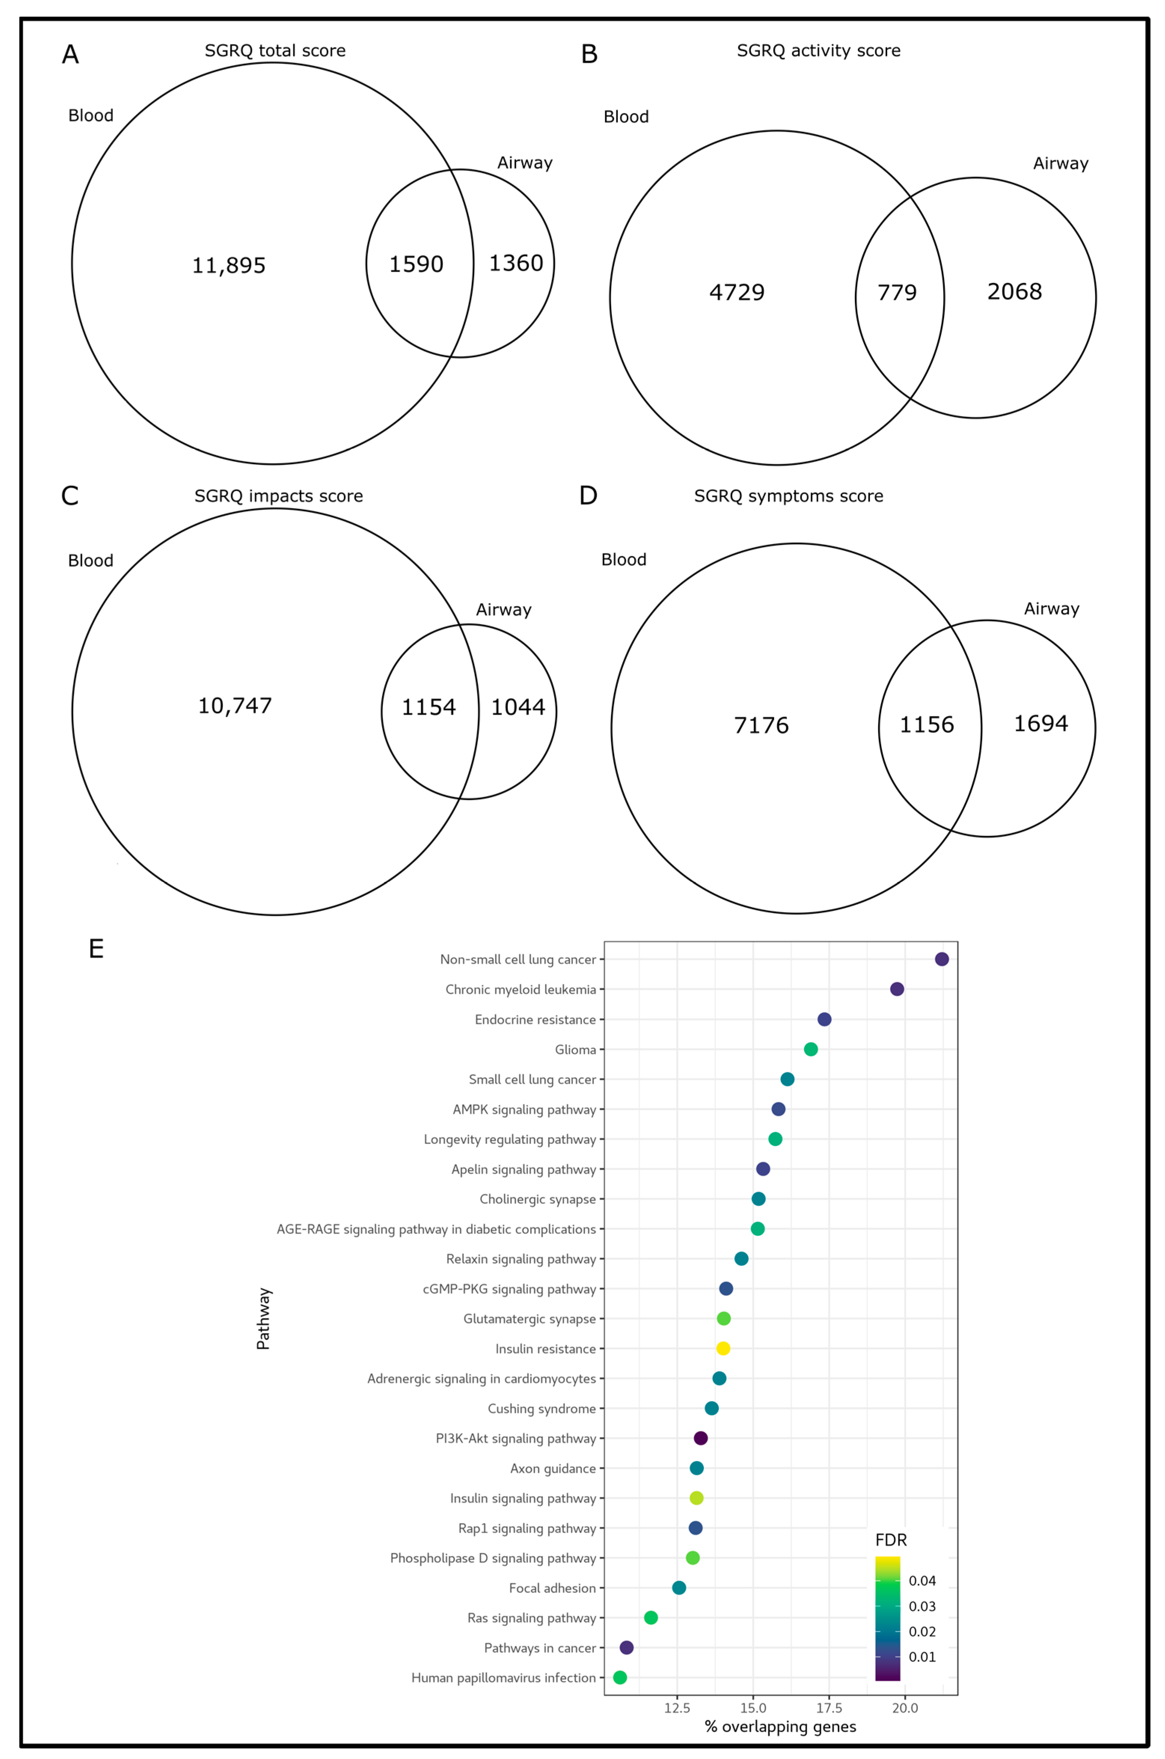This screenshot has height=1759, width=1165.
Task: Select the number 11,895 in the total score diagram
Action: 229,265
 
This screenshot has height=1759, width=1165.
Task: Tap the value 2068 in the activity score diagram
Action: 1014,291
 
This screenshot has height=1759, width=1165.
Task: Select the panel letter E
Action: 96,949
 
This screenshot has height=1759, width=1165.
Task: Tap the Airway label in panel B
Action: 1060,163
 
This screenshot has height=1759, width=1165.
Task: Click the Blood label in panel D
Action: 623,560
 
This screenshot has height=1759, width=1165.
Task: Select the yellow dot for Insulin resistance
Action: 723,1348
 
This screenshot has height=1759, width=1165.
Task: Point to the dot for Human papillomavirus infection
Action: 620,1677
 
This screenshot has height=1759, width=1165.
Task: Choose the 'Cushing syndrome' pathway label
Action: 542,1408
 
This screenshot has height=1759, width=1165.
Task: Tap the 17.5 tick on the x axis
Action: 829,1708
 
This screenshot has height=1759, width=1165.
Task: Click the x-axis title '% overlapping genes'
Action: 780,1726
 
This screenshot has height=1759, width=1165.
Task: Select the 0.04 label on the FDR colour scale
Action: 922,1581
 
